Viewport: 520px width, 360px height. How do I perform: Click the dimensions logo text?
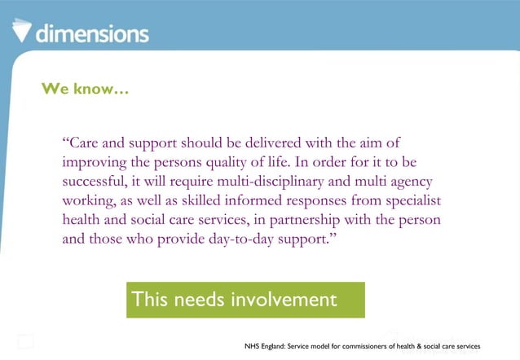(x=92, y=33)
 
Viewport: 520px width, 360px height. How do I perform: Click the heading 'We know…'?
(x=85, y=89)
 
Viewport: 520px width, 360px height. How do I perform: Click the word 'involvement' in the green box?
(x=284, y=300)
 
